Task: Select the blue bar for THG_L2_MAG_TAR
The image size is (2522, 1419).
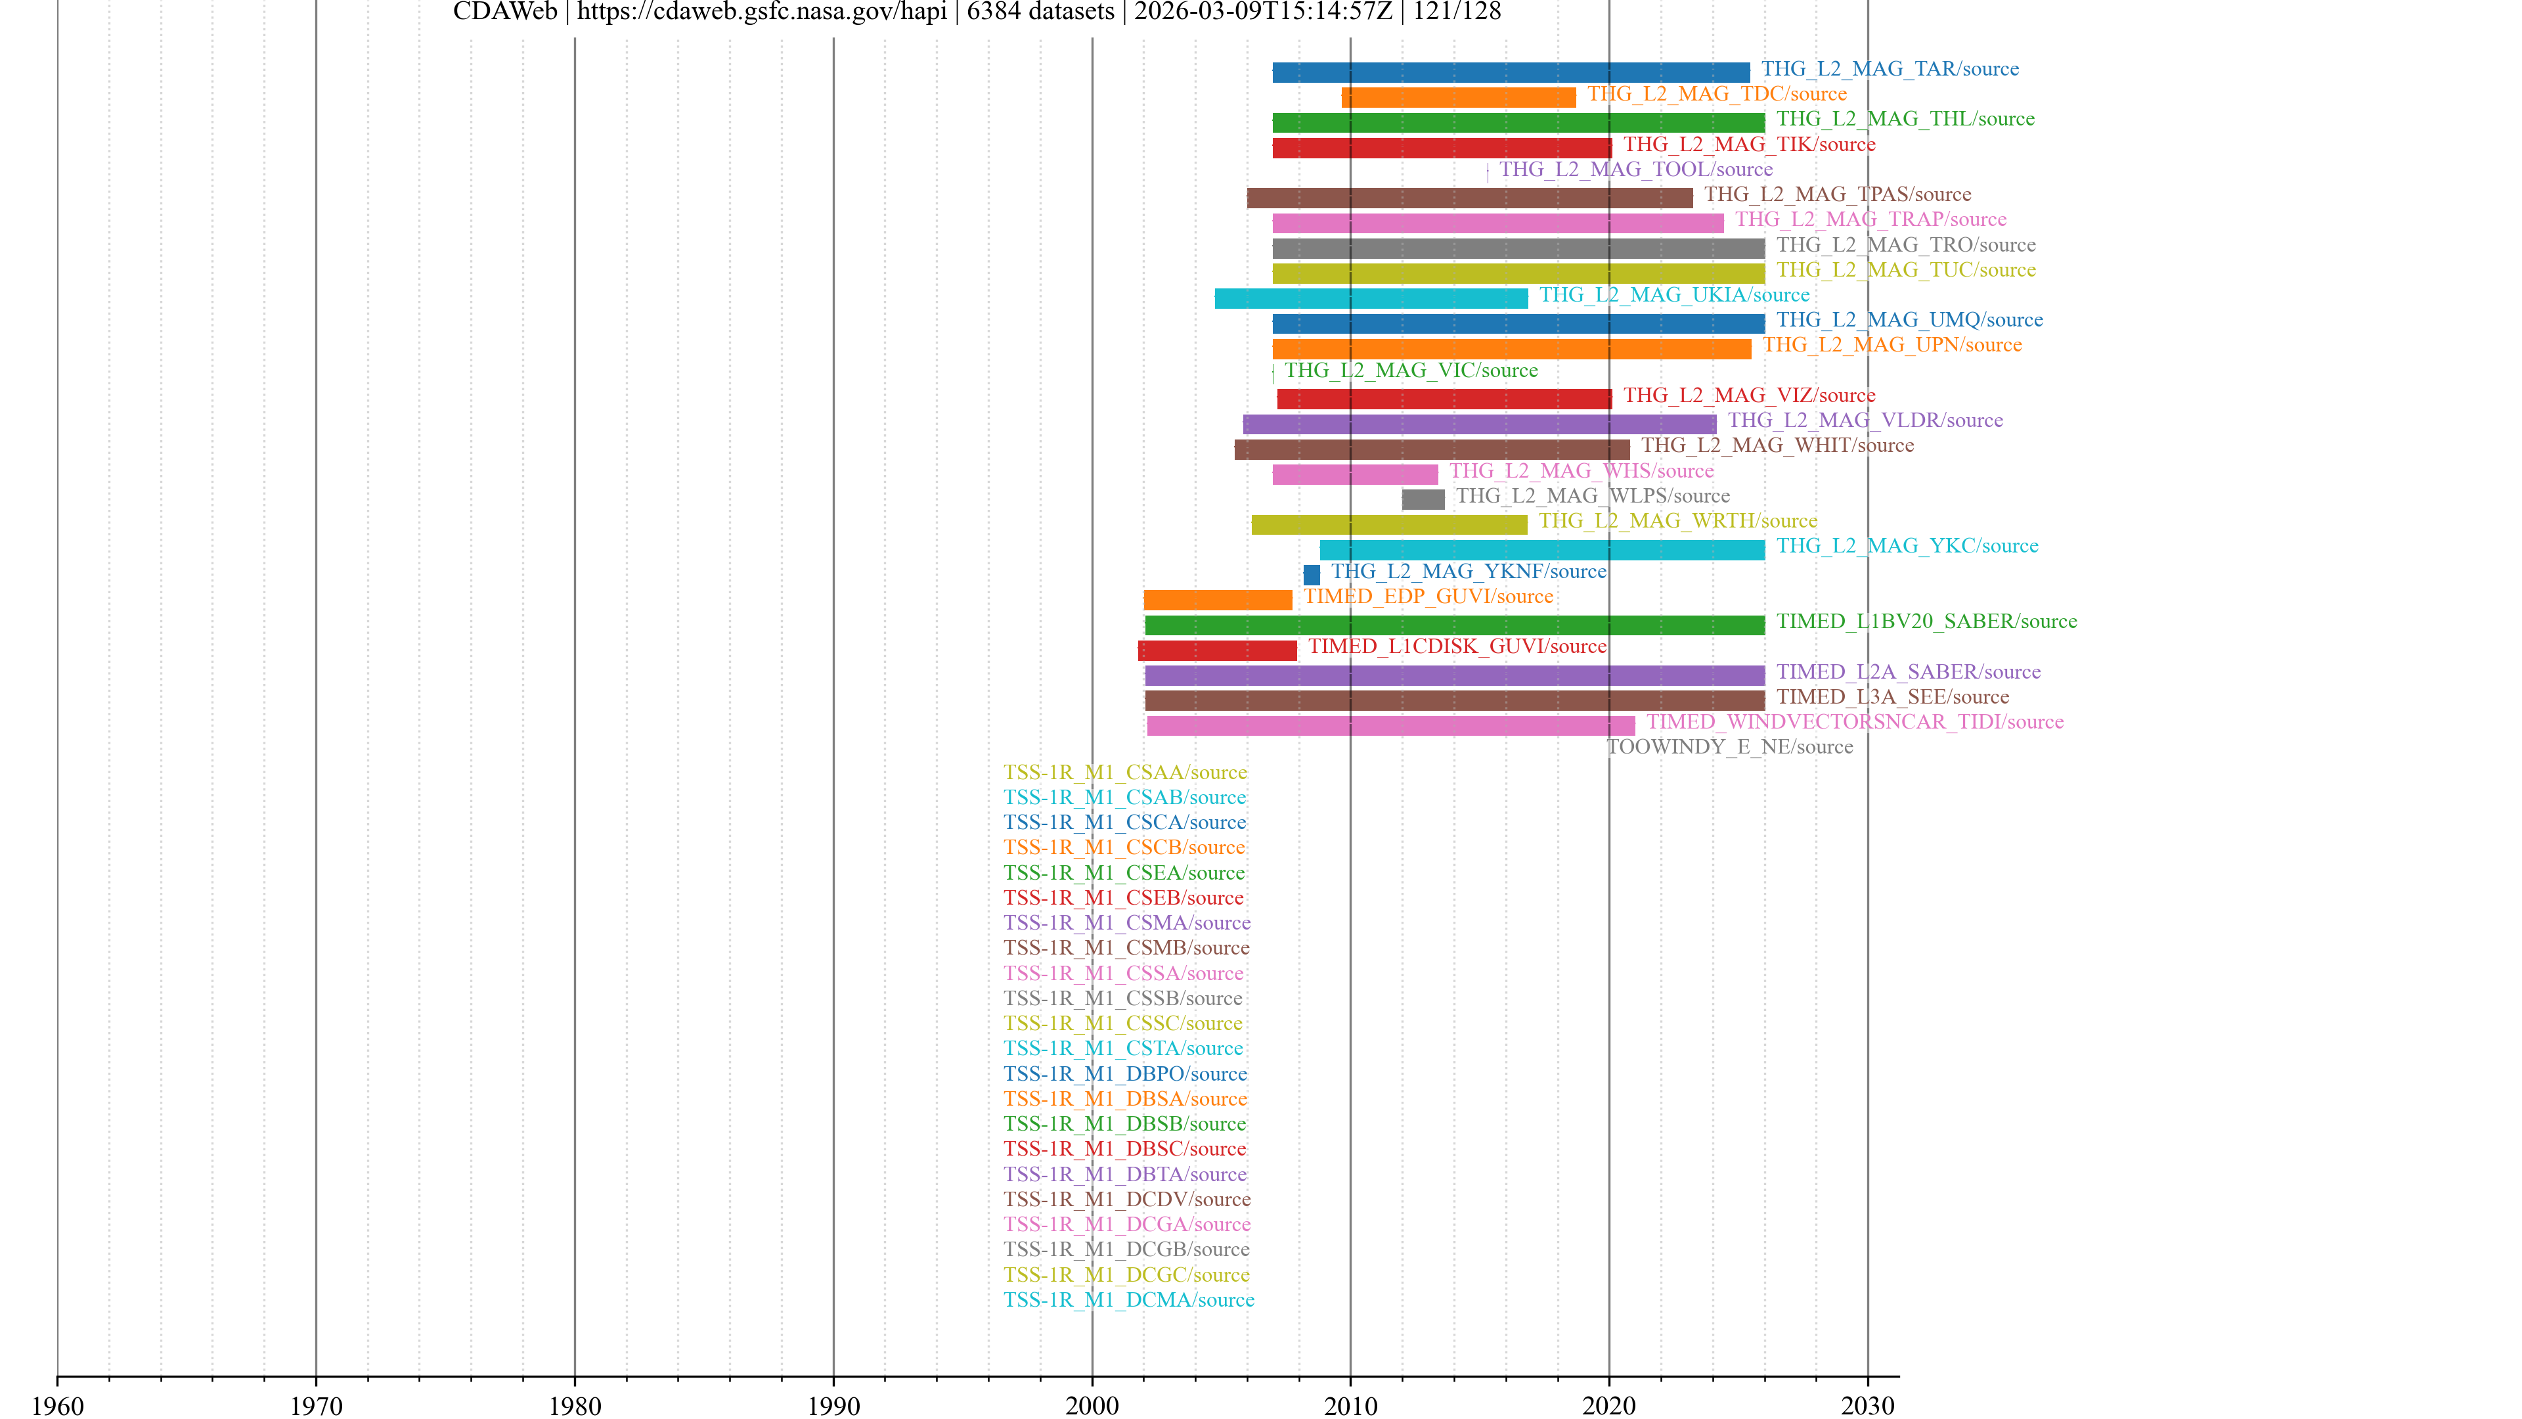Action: [1511, 72]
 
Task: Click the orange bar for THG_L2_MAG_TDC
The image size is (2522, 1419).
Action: [1458, 97]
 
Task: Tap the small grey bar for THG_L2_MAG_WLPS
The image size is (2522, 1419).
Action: [1423, 499]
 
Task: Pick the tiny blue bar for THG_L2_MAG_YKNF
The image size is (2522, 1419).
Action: [1311, 575]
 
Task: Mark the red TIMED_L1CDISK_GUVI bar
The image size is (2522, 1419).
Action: [1217, 650]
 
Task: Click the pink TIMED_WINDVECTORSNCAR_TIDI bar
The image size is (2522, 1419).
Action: [1390, 726]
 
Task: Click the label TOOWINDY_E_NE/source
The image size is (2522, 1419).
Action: [1729, 747]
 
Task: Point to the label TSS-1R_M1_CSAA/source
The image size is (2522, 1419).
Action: [1125, 773]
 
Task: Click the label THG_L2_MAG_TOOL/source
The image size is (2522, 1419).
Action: [1635, 169]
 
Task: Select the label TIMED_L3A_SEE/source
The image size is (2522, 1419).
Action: [1891, 697]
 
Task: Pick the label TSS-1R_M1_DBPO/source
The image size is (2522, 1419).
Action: [1125, 1074]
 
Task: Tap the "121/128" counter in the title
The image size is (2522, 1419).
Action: [1456, 12]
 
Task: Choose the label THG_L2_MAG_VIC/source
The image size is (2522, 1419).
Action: [1410, 370]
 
